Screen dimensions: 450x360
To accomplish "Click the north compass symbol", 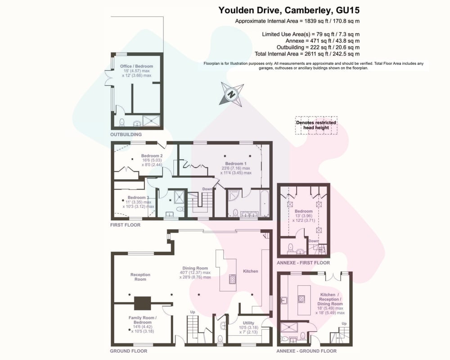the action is [231, 94].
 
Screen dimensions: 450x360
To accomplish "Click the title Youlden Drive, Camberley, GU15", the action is [289, 10].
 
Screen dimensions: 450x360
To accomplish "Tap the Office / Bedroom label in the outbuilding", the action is [136, 66].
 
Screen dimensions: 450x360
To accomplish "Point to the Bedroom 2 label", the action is [152, 156].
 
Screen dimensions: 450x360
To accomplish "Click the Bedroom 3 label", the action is [138, 198].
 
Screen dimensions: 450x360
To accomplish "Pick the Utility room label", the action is [248, 323].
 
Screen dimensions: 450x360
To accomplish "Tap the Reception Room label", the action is [140, 277].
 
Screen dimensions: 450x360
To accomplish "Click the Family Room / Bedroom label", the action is [142, 320].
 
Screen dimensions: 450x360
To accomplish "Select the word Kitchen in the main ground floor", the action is [251, 271].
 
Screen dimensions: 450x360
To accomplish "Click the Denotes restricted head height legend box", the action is [316, 125].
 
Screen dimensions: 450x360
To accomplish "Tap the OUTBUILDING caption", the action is [126, 135].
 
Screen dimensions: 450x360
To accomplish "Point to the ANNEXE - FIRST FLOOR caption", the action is [303, 263].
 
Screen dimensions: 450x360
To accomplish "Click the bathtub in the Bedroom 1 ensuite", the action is [264, 203].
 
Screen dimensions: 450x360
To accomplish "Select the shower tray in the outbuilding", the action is [151, 121].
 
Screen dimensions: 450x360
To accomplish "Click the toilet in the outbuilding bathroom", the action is [122, 122].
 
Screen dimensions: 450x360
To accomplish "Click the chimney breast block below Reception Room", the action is [143, 303].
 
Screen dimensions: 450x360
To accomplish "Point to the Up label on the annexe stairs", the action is [344, 324].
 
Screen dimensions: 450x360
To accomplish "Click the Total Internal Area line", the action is [307, 54].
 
